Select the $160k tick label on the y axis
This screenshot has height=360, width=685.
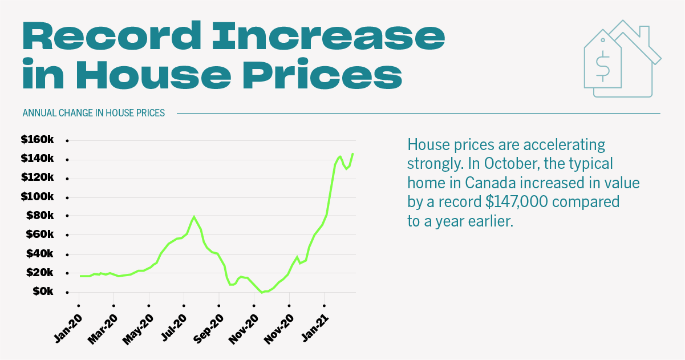(38, 140)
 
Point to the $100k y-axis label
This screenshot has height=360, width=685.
(38, 197)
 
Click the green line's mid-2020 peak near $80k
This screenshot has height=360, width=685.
(194, 217)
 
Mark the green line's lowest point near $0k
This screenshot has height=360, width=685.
(262, 292)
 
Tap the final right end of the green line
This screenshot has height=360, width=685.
(353, 153)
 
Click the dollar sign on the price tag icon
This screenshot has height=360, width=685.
(602, 65)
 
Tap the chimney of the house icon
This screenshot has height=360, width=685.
(644, 33)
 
